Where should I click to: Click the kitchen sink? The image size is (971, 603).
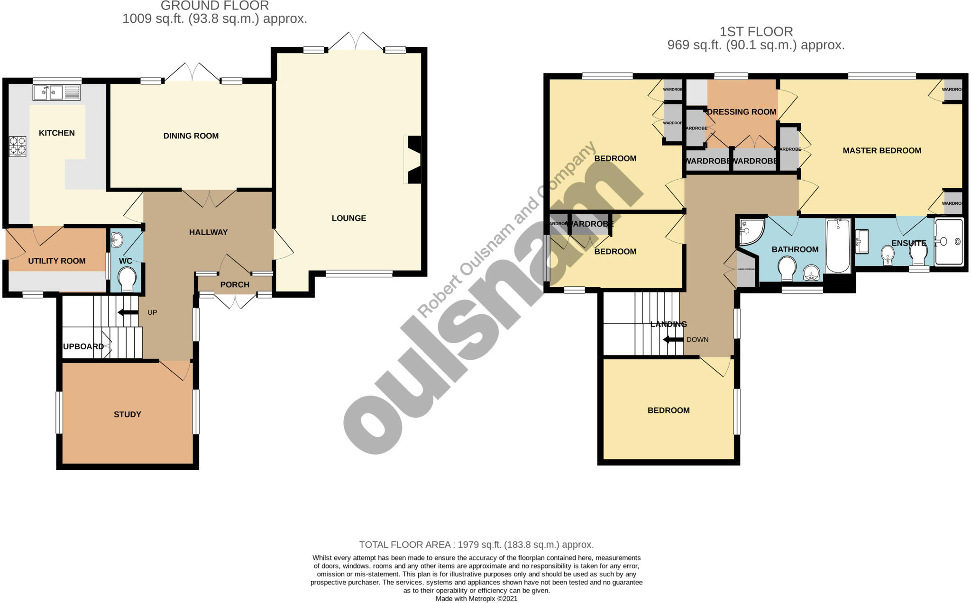coord(56,92)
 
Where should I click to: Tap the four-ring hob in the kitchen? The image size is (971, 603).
coord(18,146)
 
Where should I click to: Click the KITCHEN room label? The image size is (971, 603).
coord(56,133)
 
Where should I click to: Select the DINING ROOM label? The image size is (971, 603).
coord(191,136)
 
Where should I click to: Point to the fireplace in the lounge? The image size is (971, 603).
coord(413,159)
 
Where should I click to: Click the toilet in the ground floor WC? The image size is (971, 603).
coord(127,279)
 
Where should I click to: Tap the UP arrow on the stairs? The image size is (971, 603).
coord(128,312)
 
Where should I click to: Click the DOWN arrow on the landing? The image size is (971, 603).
coord(673,340)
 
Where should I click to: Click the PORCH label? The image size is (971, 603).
coord(235,285)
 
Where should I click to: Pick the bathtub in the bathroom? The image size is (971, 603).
coord(838,246)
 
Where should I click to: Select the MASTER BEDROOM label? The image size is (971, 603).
coord(881,151)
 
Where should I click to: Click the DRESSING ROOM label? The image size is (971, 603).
coord(742,112)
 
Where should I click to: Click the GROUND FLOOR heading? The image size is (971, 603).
coord(214,6)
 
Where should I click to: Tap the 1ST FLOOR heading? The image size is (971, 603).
coord(756,32)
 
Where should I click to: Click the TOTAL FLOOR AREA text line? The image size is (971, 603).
coord(476,545)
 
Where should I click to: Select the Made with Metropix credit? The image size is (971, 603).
coord(476,599)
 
